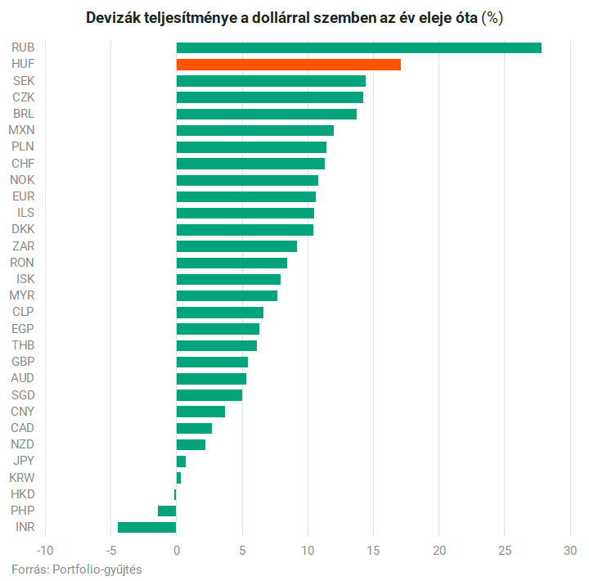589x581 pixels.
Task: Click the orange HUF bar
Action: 288,64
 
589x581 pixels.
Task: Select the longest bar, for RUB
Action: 358,47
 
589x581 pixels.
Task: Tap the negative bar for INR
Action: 147,527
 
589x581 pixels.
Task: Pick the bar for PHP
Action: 167,511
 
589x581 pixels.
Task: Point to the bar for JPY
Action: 181,461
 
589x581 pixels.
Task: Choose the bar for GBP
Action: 212,362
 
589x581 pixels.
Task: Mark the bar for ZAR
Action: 236,245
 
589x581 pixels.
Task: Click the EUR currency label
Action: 23,196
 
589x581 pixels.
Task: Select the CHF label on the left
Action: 23,163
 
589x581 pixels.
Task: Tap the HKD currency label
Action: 23,493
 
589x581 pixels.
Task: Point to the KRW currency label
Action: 22,477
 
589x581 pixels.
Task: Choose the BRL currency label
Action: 24,114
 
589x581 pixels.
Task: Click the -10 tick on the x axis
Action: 45,548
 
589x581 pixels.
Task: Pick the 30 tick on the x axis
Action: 571,548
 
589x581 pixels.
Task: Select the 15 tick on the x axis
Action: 374,548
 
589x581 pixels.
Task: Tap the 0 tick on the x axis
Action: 177,548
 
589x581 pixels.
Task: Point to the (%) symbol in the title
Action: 492,18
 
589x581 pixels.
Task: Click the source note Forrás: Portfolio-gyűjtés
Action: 77,569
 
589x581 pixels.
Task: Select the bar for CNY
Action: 200,411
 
